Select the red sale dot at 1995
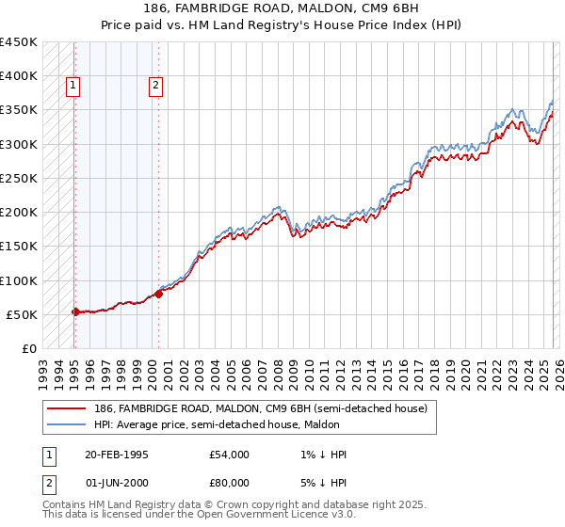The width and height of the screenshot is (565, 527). pos(75,311)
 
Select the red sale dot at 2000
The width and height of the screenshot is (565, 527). pos(158,294)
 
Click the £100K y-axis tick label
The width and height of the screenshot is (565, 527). pos(19,280)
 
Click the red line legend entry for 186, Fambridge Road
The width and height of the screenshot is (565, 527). pos(260,408)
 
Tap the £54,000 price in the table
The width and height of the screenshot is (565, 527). pos(230,455)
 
